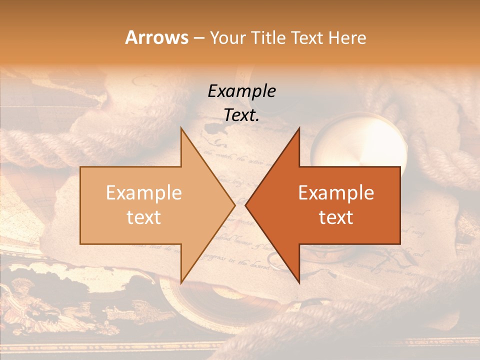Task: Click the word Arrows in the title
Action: coord(157,37)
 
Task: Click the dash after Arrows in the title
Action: coord(199,38)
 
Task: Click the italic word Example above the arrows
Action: coord(241,91)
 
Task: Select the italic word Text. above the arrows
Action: coord(241,115)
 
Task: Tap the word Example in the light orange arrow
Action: coord(144,193)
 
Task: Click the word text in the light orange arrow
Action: coord(144,217)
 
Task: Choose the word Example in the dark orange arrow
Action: coord(336,193)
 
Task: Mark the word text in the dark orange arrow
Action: coord(336,217)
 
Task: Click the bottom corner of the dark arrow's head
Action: coord(299,282)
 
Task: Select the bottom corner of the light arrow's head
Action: coord(181,282)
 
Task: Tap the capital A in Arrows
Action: coord(131,37)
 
